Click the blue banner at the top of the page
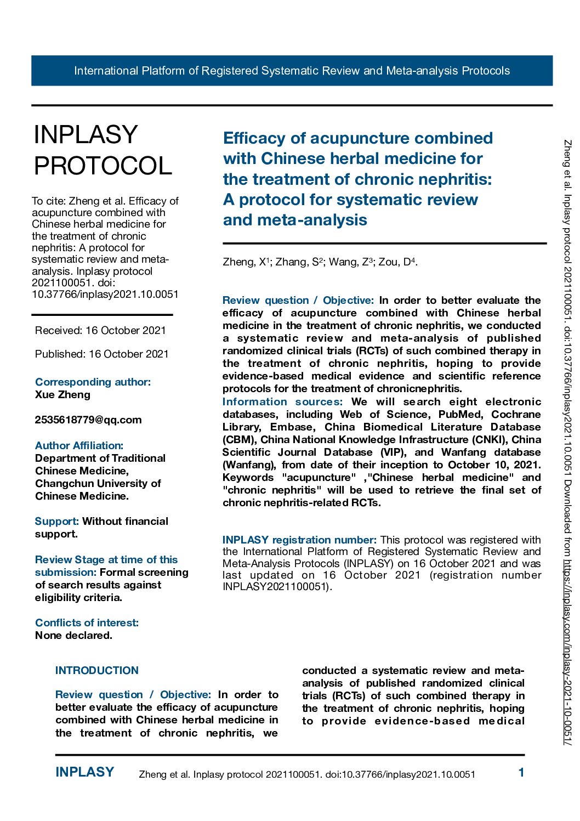click(x=292, y=71)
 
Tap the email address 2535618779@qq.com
click(x=88, y=420)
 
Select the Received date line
click(x=100, y=330)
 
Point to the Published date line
click(x=102, y=354)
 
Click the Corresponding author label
click(x=93, y=382)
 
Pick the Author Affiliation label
click(x=79, y=446)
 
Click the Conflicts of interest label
click(x=87, y=623)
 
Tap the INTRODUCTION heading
click(x=97, y=671)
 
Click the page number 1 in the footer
click(x=521, y=773)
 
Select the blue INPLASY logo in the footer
click(x=85, y=772)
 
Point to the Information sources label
click(x=282, y=402)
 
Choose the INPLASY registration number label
click(x=299, y=540)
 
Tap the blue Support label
click(x=56, y=522)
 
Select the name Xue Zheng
click(x=62, y=395)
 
